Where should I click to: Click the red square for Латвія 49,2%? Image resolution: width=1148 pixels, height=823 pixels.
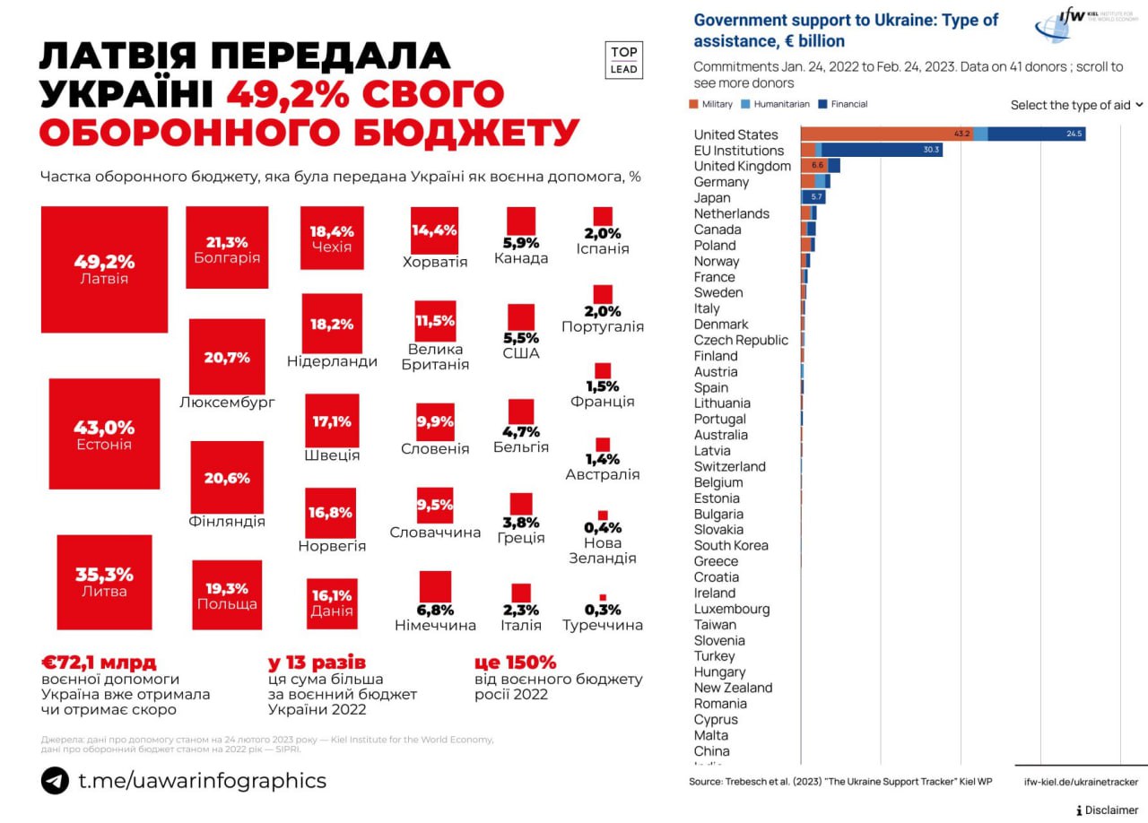104,269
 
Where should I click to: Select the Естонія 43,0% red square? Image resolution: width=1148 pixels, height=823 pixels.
104,434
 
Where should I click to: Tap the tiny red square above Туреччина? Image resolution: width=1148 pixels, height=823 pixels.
603,597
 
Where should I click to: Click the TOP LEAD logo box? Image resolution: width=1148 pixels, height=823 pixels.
623,60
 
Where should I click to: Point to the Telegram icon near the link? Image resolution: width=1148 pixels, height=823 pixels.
55,780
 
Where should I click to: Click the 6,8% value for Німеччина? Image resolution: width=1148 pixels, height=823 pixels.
435,610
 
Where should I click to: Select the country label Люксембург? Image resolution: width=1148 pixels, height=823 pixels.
227,402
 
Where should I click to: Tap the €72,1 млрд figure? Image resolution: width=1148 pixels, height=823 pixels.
99,663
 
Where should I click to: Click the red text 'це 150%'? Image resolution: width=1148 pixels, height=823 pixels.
515,663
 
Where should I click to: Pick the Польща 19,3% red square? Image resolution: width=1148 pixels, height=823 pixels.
227,594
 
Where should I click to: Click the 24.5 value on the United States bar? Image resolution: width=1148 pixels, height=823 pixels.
1075,134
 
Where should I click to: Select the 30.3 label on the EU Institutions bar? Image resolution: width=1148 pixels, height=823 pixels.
931,150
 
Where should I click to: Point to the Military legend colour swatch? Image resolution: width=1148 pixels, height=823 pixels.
692,104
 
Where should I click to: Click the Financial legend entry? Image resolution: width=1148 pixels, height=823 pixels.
843,104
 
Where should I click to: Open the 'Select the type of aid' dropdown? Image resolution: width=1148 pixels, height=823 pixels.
1076,105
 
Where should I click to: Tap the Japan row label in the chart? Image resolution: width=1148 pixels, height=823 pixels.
712,198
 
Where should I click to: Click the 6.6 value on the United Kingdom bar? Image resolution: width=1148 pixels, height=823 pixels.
817,166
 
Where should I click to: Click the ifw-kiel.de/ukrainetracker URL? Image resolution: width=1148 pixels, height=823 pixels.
1081,782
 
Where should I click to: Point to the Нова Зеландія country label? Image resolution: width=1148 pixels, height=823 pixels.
603,550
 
